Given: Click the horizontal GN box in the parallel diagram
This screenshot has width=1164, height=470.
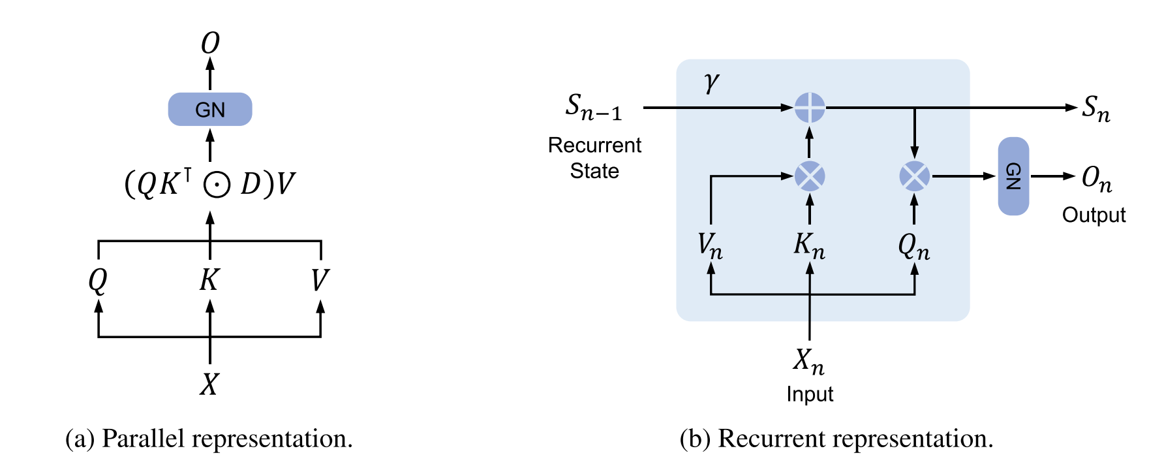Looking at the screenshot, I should click(210, 109).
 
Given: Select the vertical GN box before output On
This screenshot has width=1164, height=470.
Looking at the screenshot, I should click(1013, 176).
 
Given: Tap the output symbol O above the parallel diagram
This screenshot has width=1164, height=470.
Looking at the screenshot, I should click(210, 43).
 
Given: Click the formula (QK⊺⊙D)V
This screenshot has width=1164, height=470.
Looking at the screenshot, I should click(210, 183).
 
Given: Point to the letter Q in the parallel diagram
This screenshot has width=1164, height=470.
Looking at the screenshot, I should click(98, 281).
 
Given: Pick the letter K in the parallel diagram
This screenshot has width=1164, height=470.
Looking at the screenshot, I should click(209, 281).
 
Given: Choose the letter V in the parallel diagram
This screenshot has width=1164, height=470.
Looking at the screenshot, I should click(320, 281).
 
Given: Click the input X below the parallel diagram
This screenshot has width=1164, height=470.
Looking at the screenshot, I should click(209, 384).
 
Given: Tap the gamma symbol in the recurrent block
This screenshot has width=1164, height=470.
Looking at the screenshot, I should click(711, 83).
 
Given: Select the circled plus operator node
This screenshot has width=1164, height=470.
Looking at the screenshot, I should click(810, 107).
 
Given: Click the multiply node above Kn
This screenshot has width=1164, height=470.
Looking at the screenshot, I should click(810, 176).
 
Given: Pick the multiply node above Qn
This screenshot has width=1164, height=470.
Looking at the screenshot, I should click(914, 176).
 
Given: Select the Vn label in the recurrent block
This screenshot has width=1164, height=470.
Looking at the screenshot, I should click(710, 245).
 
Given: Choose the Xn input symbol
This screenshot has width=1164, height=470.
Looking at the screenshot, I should click(809, 360).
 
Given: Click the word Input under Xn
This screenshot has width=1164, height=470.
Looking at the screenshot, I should click(810, 394).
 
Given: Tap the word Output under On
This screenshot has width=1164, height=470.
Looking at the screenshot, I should click(1094, 215).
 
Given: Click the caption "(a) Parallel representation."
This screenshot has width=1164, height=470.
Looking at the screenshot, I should click(209, 439).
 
